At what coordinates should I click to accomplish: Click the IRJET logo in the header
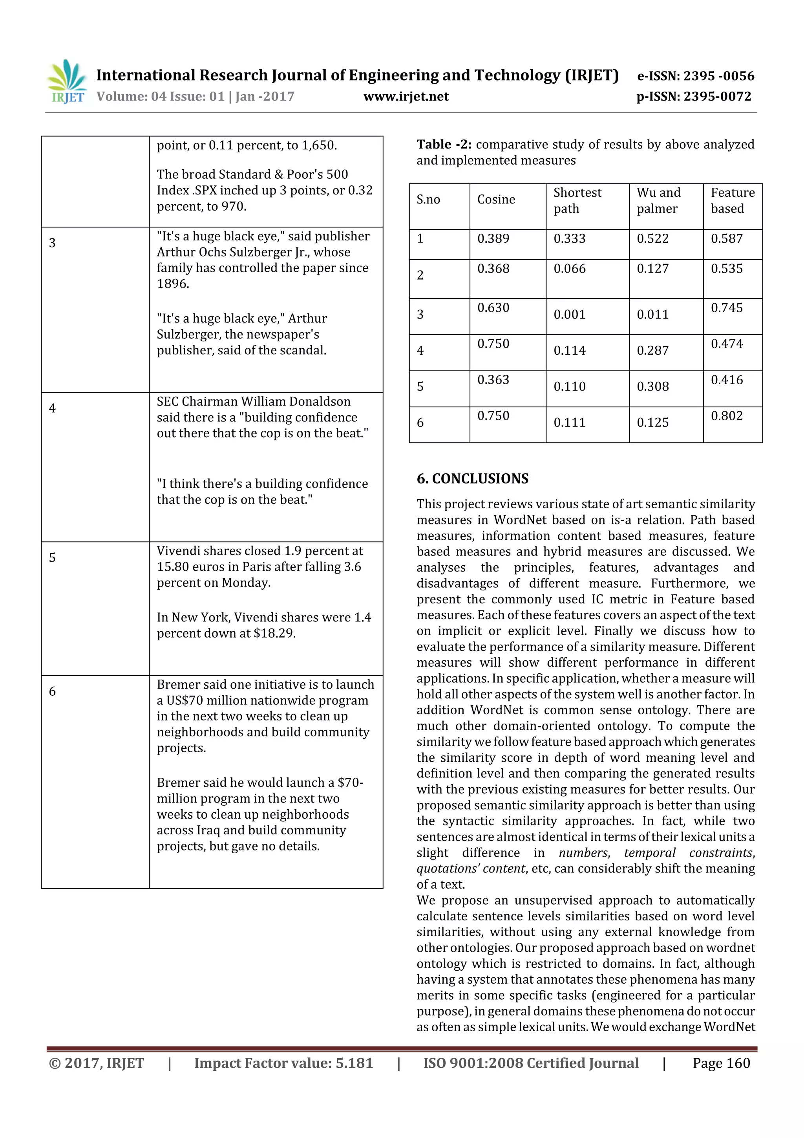coord(67,82)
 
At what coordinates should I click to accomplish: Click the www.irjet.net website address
coord(406,97)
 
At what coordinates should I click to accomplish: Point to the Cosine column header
coord(496,199)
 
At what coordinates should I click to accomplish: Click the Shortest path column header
coord(577,200)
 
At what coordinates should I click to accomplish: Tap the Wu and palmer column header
coord(658,200)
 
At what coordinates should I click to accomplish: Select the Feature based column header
coord(732,200)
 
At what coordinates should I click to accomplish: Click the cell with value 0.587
coord(726,238)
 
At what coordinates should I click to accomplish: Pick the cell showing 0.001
coord(569,314)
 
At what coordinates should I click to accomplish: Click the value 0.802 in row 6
coord(726,416)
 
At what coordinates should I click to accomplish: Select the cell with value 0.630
coord(493,308)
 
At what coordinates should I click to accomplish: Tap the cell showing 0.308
coord(652,387)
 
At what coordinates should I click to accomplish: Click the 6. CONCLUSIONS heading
coord(472,479)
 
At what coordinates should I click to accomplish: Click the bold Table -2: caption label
coord(444,145)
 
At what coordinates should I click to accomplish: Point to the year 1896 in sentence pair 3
coord(172,284)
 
